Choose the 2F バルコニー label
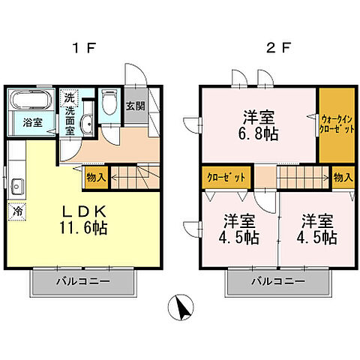pos(277,282)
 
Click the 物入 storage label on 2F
pos(343,178)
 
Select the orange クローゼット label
pos(226,178)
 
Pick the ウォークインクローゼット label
pos(337,123)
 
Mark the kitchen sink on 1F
pos(16,186)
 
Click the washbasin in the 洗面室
pos(87,126)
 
